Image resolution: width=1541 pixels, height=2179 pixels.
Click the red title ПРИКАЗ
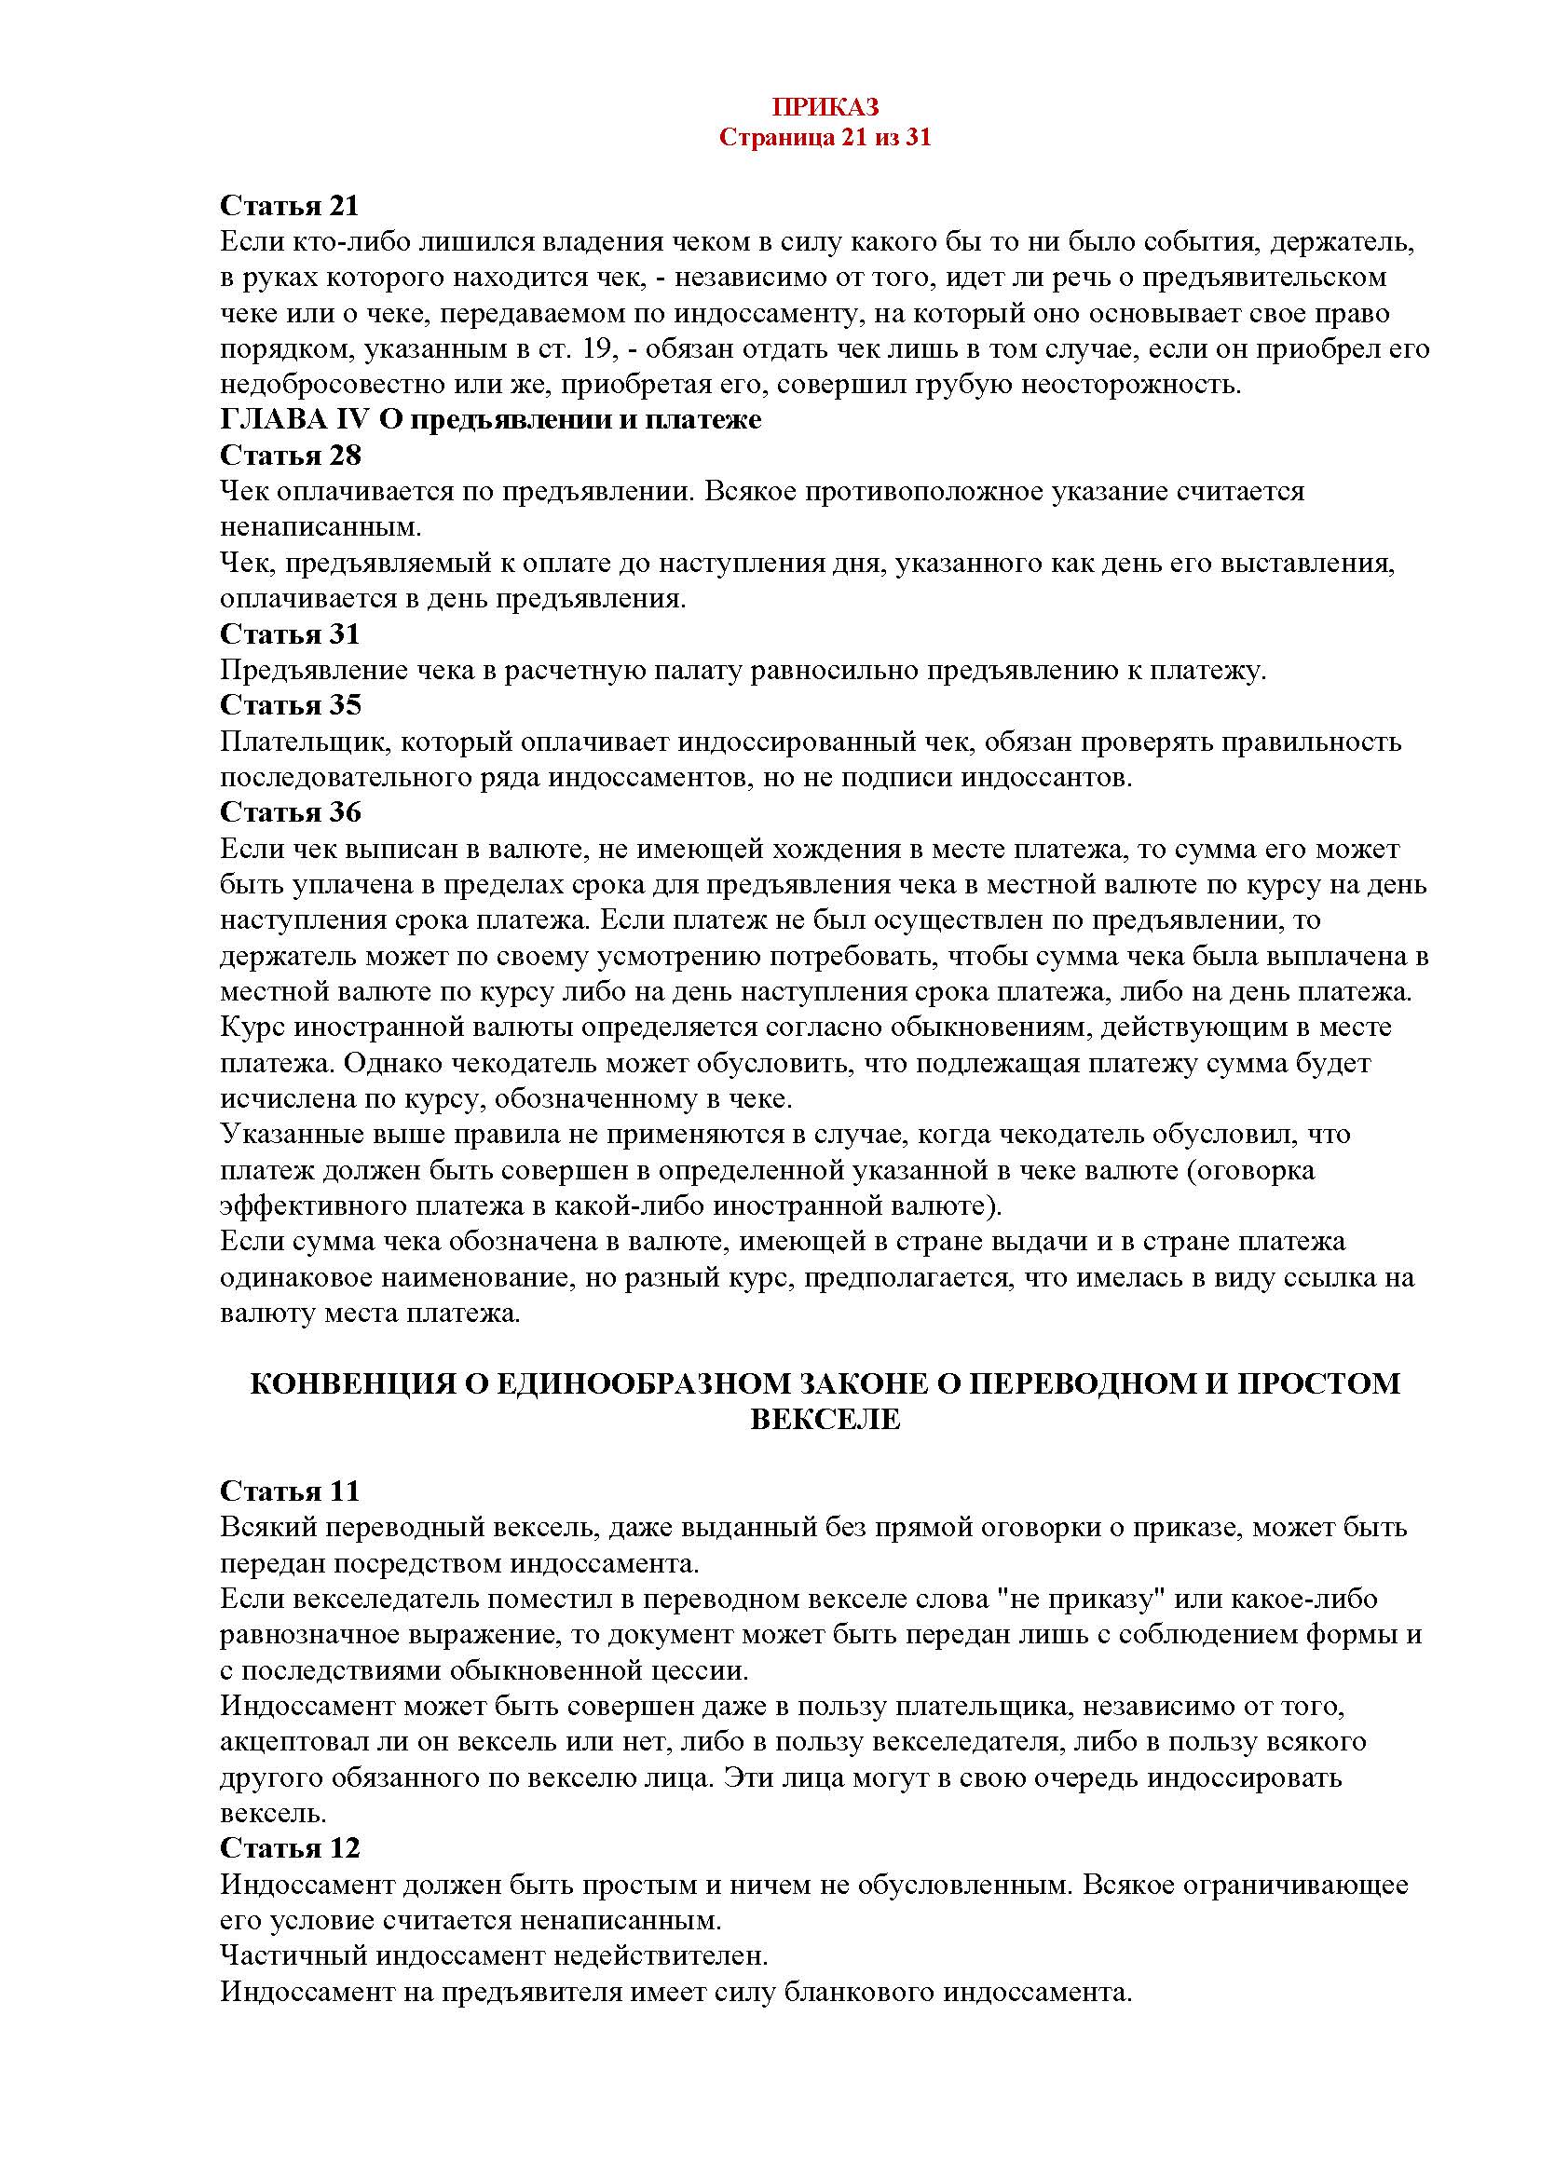(x=825, y=106)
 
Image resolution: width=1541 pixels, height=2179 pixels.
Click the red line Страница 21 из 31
(x=825, y=138)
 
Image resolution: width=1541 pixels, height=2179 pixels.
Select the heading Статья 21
(x=291, y=205)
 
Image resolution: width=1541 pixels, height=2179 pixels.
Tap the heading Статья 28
(x=291, y=456)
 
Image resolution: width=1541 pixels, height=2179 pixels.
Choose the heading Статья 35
(x=291, y=705)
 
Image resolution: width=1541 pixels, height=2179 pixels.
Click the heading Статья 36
(x=291, y=812)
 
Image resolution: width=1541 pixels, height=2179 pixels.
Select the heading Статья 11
(x=291, y=1491)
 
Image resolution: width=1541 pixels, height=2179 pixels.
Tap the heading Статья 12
(x=291, y=1847)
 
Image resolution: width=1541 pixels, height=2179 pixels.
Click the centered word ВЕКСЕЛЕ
(x=825, y=1419)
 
